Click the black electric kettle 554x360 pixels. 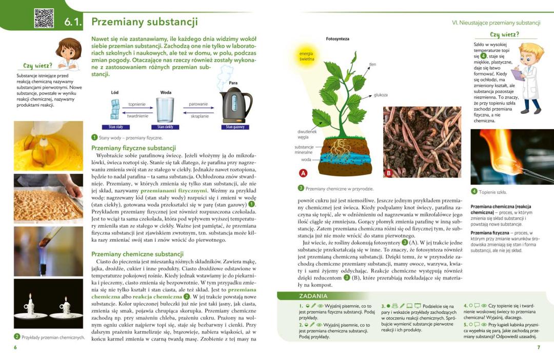click(236, 104)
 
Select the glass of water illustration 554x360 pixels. click(165, 109)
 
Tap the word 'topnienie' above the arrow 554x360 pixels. click(137, 104)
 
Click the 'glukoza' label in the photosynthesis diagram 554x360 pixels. click(381, 95)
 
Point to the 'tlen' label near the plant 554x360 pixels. click(372, 65)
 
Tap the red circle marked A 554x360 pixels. click(303, 173)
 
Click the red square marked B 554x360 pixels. click(388, 173)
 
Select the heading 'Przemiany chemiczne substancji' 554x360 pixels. click(137, 254)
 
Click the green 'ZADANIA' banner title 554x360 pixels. click(313, 296)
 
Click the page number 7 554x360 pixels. click(538, 348)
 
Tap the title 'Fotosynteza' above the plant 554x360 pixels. click(338, 39)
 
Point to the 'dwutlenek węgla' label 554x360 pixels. click(307, 134)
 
